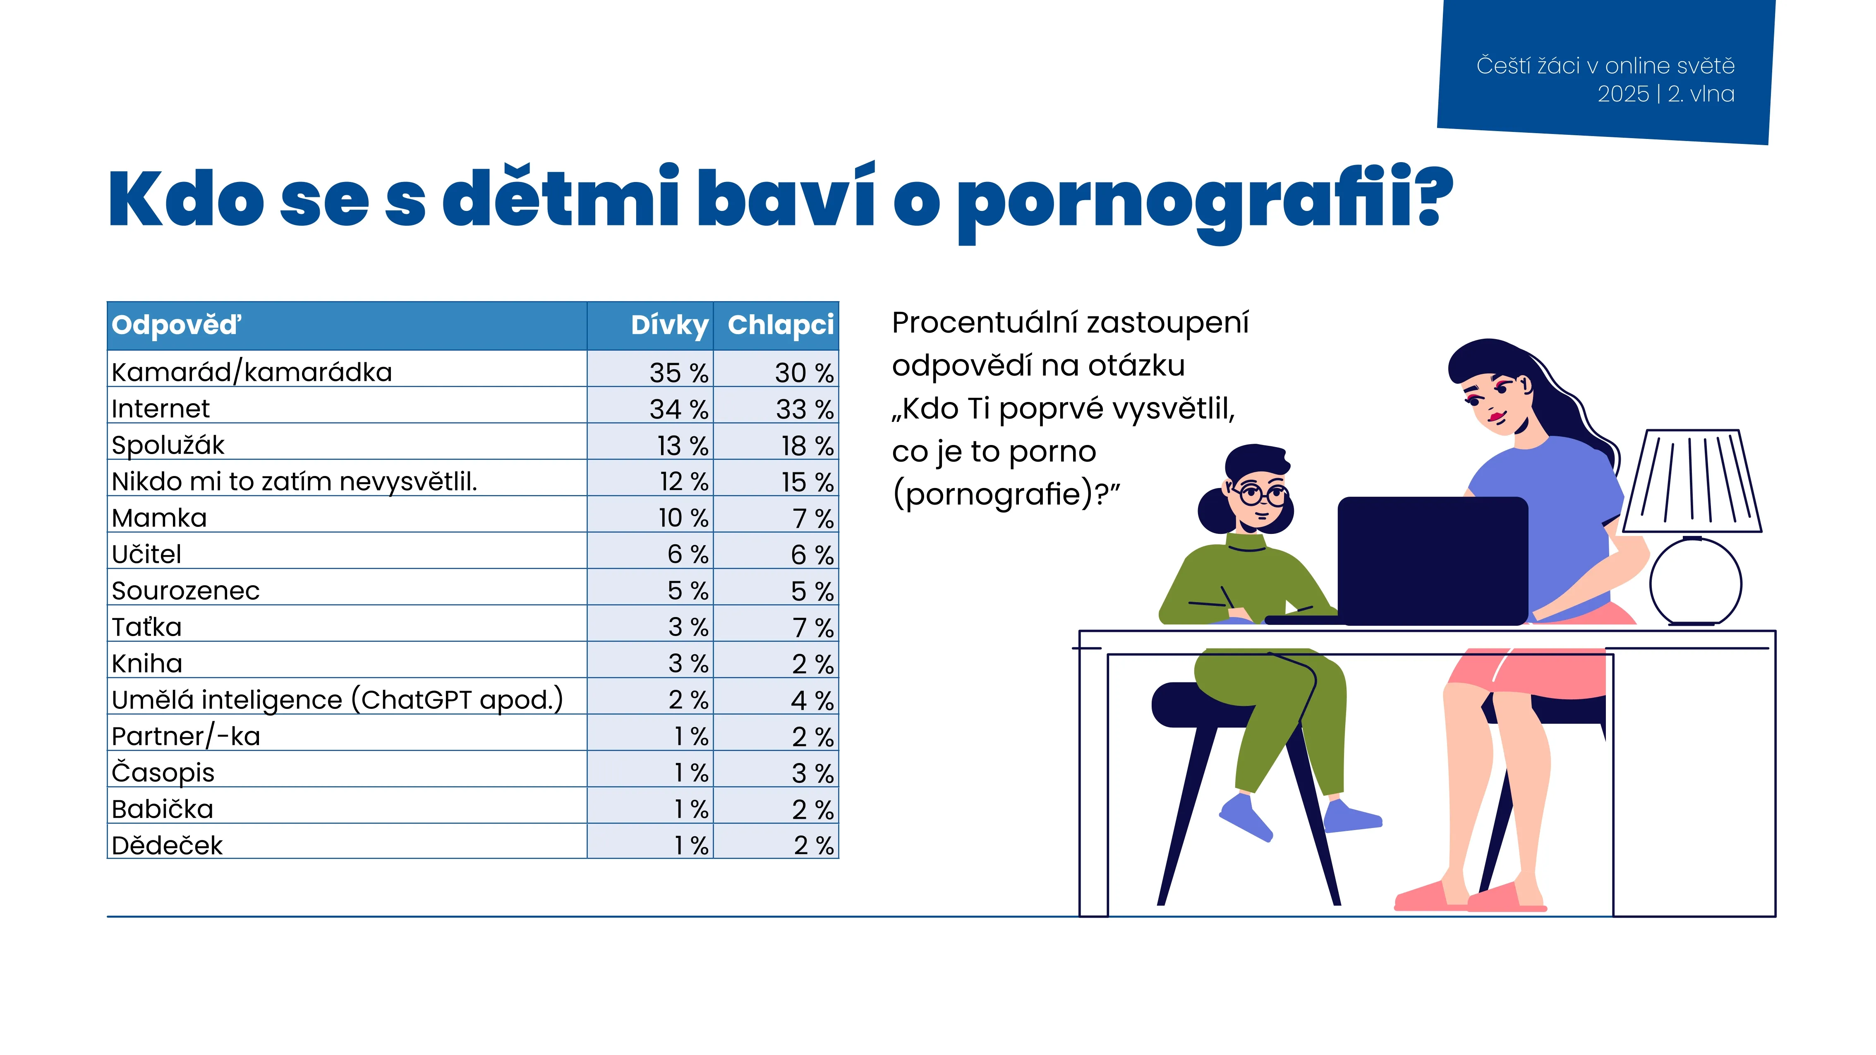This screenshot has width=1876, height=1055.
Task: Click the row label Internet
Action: coord(160,409)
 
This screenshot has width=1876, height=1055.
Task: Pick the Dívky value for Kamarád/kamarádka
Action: coord(679,373)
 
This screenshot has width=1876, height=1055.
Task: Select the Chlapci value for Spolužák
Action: coord(807,445)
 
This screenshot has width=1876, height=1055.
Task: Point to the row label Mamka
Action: coord(160,518)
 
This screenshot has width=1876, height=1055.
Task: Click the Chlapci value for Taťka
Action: coord(813,628)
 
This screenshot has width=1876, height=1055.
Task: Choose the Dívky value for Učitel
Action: coord(688,555)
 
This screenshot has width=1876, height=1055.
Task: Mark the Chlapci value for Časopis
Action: coord(813,773)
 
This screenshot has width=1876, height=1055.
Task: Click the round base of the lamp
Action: coord(1695,582)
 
